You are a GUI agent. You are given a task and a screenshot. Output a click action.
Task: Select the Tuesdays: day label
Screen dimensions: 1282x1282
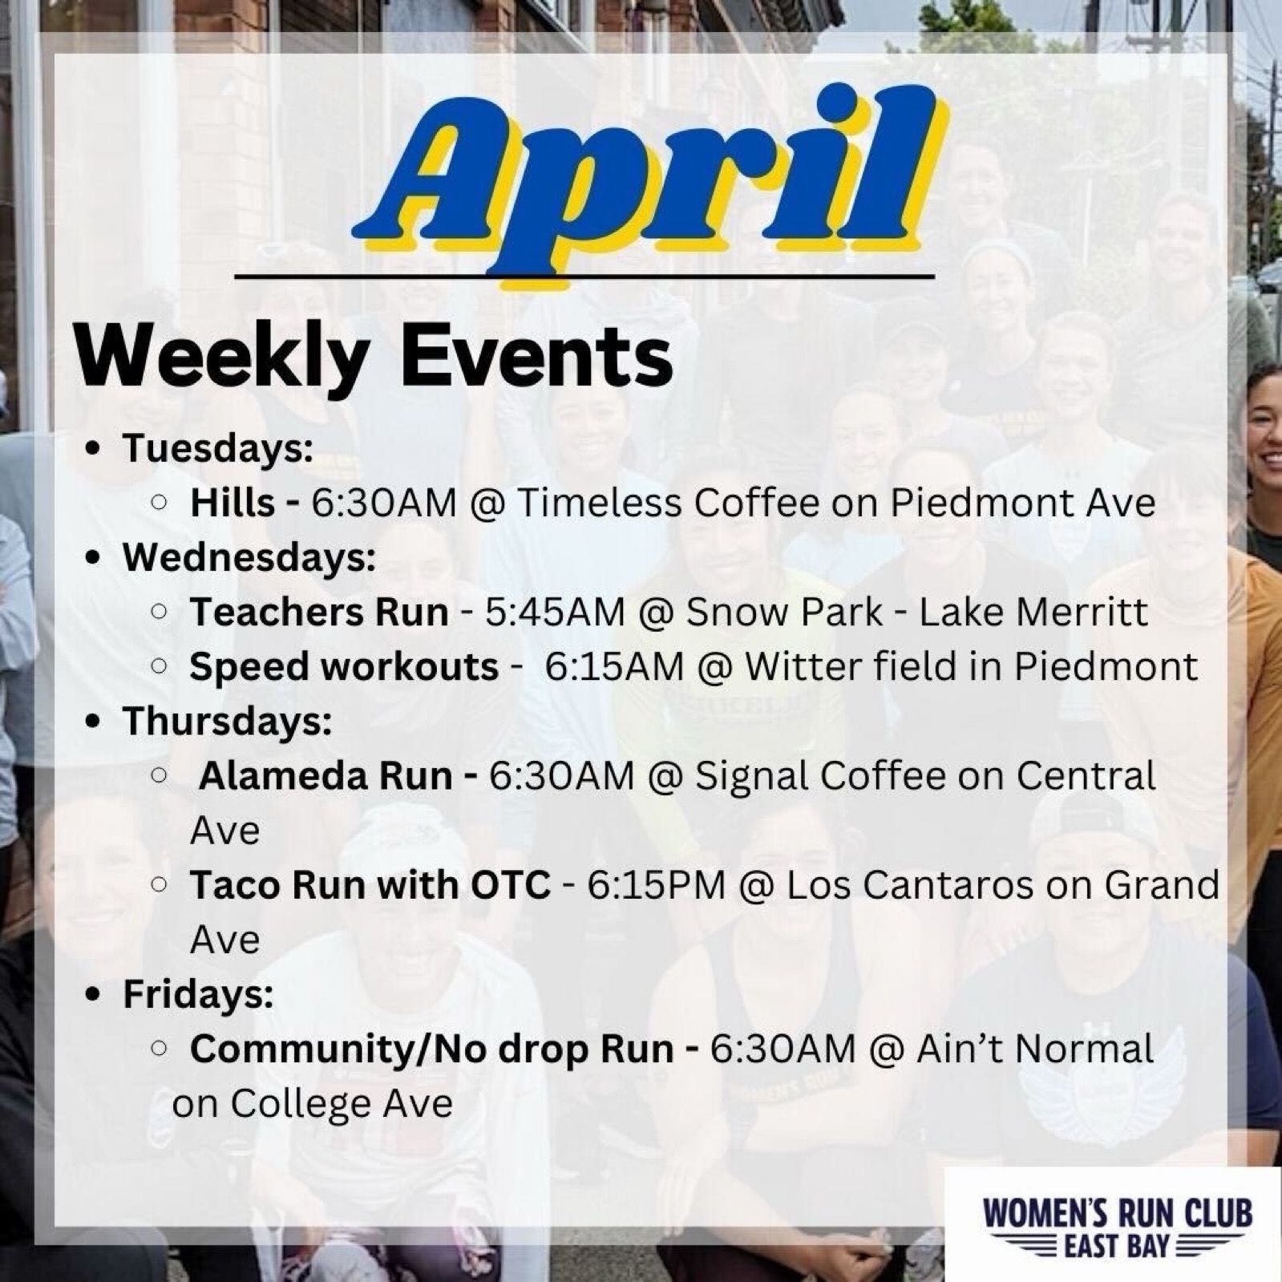coord(217,449)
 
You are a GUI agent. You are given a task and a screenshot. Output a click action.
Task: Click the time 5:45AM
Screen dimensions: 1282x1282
coord(555,613)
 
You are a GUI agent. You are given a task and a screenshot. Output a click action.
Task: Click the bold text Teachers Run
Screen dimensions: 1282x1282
coord(318,613)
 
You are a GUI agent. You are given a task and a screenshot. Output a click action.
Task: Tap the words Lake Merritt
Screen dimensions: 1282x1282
coord(1033,613)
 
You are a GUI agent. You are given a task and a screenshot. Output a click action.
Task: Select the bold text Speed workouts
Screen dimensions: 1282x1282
coord(344,667)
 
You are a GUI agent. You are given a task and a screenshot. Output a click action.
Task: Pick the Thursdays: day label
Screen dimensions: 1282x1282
coord(227,722)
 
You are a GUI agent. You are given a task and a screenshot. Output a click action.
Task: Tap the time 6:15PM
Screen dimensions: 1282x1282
coord(656,885)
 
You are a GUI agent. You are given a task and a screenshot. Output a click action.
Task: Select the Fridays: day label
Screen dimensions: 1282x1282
coord(198,994)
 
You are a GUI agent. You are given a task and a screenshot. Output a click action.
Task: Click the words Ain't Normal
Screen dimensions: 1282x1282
coord(1034,1049)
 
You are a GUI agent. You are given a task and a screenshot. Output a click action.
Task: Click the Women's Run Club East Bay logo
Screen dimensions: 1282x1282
coord(1117,1225)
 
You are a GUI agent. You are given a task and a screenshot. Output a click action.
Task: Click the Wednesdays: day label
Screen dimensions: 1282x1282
coord(249,558)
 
